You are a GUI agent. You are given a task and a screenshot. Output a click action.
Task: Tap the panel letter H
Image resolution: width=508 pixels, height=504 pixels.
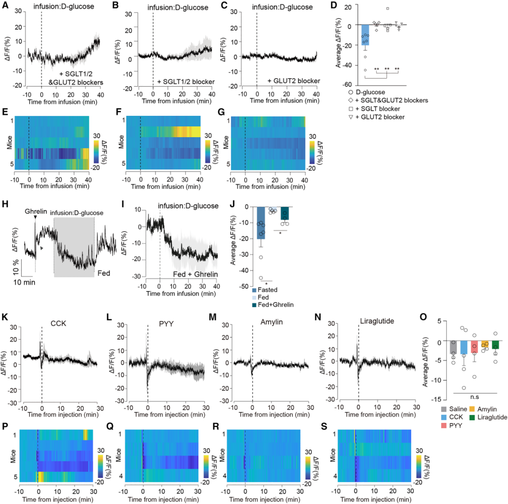(5, 205)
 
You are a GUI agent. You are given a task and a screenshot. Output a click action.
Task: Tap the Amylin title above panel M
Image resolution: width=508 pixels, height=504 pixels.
(269, 323)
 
